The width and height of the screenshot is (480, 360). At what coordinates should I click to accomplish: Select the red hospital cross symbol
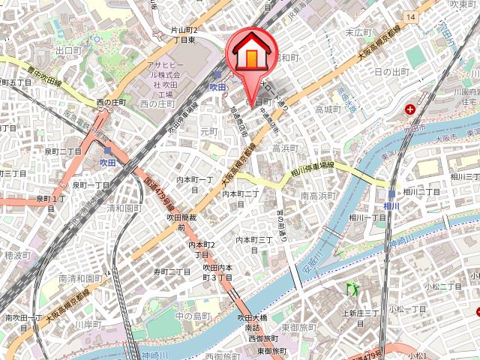[411, 109]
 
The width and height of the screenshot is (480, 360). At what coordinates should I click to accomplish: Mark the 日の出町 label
[390, 72]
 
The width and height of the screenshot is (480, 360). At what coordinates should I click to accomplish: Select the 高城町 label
[328, 109]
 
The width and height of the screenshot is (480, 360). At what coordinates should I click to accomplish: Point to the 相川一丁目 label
[367, 217]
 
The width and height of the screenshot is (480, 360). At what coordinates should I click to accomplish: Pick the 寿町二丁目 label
[172, 271]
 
